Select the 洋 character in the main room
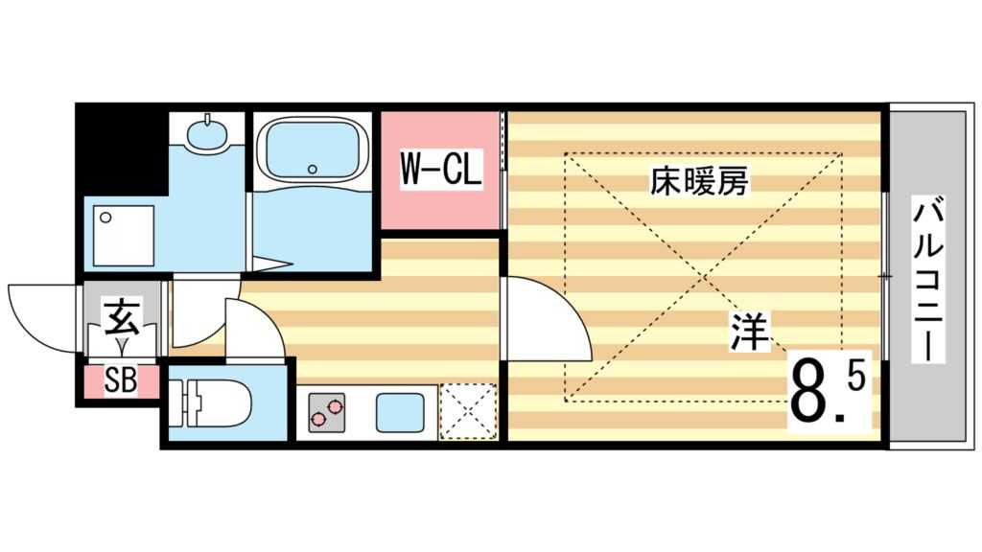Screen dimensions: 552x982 coord(751,333)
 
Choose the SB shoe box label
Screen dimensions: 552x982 coord(120,381)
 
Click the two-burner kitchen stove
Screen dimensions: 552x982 coord(325,413)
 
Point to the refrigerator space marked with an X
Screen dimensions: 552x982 coord(468,413)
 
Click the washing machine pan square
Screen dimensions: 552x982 coord(122,233)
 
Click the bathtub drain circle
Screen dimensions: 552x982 coord(312,169)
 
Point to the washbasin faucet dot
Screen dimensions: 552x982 coord(209,122)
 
